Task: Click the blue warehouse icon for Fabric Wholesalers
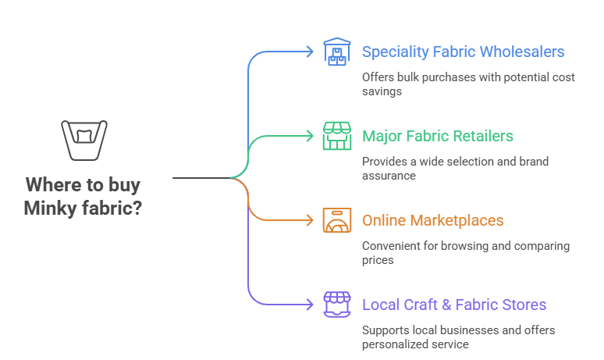(337, 52)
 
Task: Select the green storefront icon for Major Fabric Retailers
(337, 136)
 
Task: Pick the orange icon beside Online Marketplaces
(337, 220)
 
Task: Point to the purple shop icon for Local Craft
(337, 304)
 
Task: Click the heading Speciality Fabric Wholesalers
(463, 52)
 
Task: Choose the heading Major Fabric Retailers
(437, 137)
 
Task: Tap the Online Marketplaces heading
(432, 221)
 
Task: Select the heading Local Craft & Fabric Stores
(453, 305)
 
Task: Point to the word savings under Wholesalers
(382, 91)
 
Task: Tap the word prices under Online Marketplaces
(378, 260)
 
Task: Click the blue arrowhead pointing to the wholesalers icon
(311, 52)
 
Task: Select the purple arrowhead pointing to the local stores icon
(311, 304)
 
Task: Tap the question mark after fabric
(137, 209)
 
